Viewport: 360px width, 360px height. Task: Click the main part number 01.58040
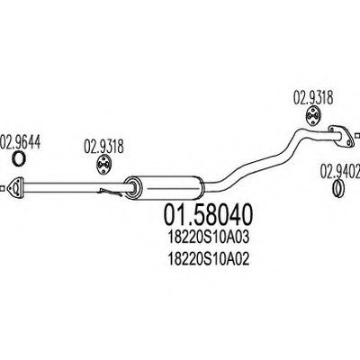click(x=208, y=215)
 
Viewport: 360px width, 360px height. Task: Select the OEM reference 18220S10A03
click(x=209, y=238)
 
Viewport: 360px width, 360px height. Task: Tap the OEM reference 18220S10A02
click(x=209, y=259)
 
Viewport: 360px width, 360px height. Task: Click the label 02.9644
click(x=20, y=142)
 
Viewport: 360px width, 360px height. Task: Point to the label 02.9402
click(x=340, y=171)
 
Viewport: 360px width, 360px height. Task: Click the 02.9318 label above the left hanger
click(x=103, y=147)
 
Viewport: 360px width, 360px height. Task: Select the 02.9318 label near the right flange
click(x=313, y=98)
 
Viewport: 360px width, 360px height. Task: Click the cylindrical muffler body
click(x=165, y=186)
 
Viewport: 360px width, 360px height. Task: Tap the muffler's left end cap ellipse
click(x=132, y=187)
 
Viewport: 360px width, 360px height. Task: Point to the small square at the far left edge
click(x=2, y=188)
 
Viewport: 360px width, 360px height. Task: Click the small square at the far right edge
click(x=357, y=135)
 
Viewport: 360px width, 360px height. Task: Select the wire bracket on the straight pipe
click(x=111, y=192)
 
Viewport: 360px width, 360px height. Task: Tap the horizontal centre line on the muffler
click(x=173, y=189)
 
